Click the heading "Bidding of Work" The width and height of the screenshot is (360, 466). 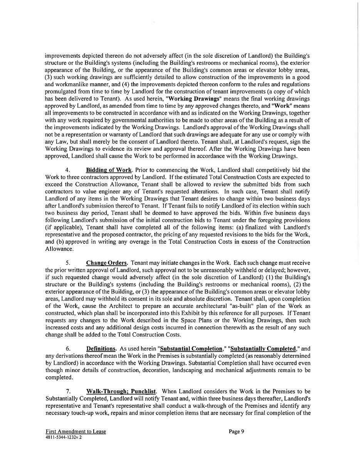109,170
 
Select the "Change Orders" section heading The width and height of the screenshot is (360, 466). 107,263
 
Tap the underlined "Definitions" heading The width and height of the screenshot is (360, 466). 101,349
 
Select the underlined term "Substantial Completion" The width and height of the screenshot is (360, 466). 191,349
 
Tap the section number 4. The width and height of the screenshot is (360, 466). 67,170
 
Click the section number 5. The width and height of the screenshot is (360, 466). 67,263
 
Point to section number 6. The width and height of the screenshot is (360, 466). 67,349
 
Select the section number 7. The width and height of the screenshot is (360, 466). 67,391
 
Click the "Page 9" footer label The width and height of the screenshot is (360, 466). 236,431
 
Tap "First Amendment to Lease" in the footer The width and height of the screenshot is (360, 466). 76,432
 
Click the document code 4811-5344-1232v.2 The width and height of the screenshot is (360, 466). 64,438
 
